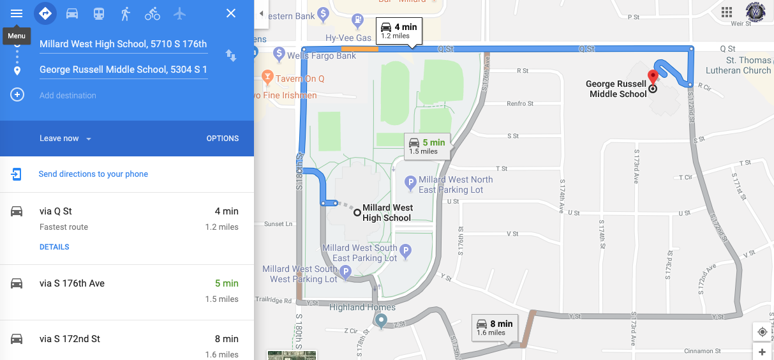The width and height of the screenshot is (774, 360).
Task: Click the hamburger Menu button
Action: click(x=17, y=13)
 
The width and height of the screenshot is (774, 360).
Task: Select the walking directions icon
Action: click(x=125, y=13)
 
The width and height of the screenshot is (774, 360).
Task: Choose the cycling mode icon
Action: click(x=152, y=13)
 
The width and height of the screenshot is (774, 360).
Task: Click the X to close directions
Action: click(x=231, y=13)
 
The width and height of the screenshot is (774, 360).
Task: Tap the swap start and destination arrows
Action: click(x=231, y=56)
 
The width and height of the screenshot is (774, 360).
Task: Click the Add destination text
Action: click(x=68, y=95)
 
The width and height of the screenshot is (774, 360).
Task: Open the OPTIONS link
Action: click(x=223, y=139)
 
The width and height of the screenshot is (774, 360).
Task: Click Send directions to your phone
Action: click(x=93, y=174)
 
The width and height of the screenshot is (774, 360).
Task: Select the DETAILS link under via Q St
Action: click(x=54, y=247)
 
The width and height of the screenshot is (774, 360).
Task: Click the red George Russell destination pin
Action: click(x=653, y=77)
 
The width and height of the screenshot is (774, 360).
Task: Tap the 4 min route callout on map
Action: click(x=398, y=30)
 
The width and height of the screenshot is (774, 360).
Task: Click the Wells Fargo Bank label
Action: click(x=322, y=56)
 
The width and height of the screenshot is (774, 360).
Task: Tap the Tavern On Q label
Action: click(x=300, y=79)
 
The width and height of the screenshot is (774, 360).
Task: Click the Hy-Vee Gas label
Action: click(x=348, y=38)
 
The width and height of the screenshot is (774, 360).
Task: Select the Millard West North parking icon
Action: click(x=412, y=184)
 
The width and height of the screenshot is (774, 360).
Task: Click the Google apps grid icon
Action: click(x=726, y=13)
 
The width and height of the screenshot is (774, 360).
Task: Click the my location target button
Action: click(x=762, y=331)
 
